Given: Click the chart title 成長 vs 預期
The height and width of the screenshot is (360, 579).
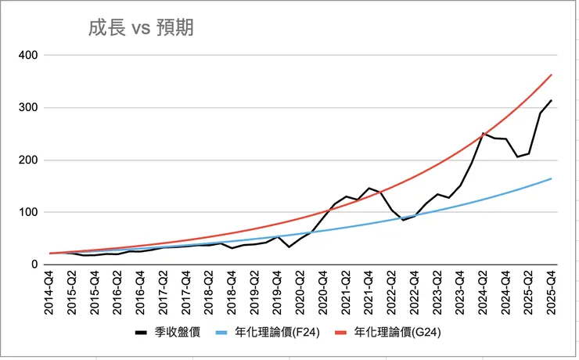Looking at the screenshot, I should tap(141, 29).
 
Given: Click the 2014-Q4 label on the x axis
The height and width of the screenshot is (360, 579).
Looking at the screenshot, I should tap(49, 292).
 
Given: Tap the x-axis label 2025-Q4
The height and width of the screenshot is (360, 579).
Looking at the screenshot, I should tap(552, 292).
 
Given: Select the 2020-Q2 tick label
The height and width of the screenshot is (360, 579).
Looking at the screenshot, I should tap(300, 292).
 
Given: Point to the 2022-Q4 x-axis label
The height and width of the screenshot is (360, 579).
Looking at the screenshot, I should tap(415, 292).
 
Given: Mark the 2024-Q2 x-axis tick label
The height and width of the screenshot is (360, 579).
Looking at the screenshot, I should tap(484, 292).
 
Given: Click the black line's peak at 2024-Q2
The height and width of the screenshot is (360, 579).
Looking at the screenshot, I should tap(484, 133).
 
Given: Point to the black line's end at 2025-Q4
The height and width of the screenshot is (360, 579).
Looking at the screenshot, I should tap(552, 100).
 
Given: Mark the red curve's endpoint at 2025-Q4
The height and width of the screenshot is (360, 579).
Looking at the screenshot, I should tap(552, 74).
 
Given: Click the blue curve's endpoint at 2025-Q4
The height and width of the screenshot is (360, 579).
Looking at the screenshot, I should tap(552, 178).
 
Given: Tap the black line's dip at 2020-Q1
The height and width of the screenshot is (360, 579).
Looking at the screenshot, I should tap(289, 247).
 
